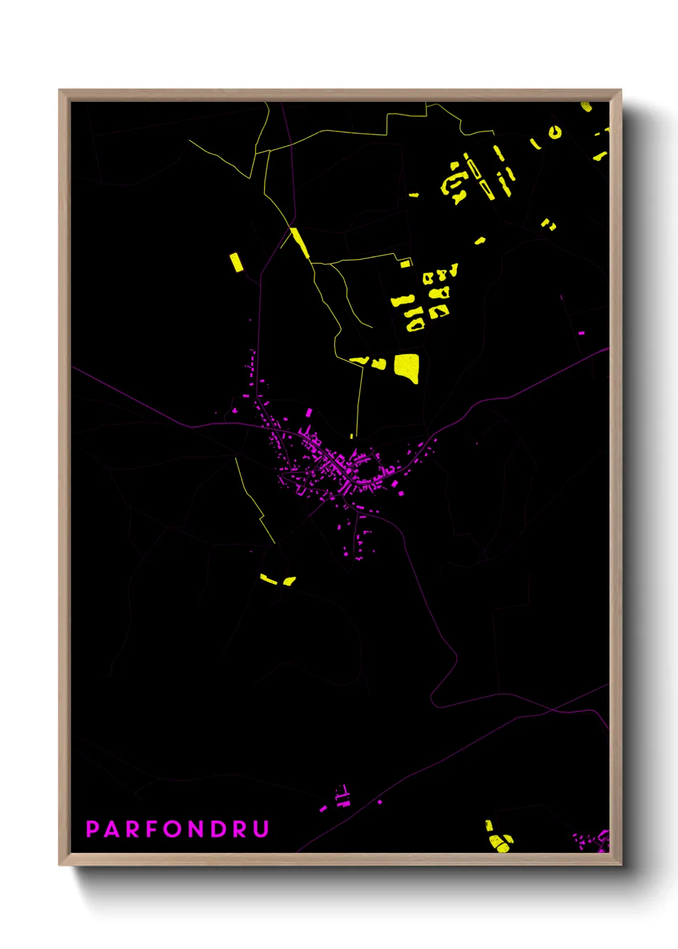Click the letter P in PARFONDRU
pyautogui.click(x=92, y=829)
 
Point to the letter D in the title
pyautogui.click(x=218, y=829)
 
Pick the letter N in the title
pyautogui.click(x=195, y=829)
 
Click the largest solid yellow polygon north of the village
pyautogui.click(x=408, y=367)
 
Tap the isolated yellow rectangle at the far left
pyautogui.click(x=236, y=262)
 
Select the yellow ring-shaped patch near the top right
pyautogui.click(x=554, y=133)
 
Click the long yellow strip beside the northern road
pyautogui.click(x=300, y=243)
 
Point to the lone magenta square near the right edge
pyautogui.click(x=581, y=333)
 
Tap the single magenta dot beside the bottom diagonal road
pyautogui.click(x=380, y=802)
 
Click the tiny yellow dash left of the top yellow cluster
pyautogui.click(x=414, y=195)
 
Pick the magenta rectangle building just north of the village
pyautogui.click(x=309, y=412)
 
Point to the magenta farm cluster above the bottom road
pyautogui.click(x=343, y=798)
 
